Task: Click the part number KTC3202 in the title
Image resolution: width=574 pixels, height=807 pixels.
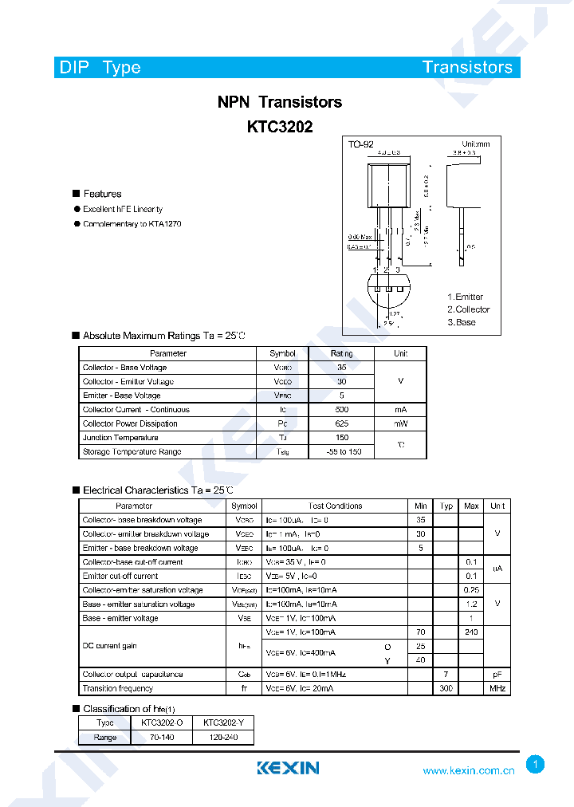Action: (x=279, y=126)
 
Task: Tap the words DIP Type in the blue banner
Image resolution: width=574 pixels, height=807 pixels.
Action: (x=100, y=67)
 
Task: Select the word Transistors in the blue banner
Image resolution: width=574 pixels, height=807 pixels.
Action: (x=467, y=67)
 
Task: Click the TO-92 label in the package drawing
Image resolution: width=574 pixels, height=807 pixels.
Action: (x=360, y=144)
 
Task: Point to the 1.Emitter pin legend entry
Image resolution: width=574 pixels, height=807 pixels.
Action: (x=465, y=297)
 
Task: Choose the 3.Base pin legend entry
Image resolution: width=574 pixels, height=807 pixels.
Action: (x=461, y=322)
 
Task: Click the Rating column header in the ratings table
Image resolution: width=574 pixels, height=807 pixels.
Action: (x=342, y=353)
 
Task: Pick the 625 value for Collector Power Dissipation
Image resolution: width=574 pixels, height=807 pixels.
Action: (x=342, y=423)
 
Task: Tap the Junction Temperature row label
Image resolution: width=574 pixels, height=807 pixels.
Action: (x=120, y=438)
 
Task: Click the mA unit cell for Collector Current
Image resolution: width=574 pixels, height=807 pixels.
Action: (x=400, y=410)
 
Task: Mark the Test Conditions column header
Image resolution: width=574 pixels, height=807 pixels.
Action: (x=335, y=506)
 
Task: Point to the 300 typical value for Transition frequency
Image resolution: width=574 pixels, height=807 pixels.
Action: (x=446, y=688)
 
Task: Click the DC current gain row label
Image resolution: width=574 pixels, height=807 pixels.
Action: (x=110, y=646)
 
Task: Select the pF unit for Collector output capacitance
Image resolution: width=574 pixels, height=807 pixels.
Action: (x=497, y=675)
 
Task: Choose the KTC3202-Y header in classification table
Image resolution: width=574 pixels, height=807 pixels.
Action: (x=223, y=722)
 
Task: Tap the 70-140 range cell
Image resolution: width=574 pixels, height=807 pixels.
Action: (x=162, y=738)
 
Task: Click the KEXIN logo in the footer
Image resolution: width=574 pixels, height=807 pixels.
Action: (x=288, y=768)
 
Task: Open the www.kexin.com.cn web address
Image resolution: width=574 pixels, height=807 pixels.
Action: (x=468, y=770)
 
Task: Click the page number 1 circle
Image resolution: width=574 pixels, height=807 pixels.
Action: (x=536, y=765)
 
